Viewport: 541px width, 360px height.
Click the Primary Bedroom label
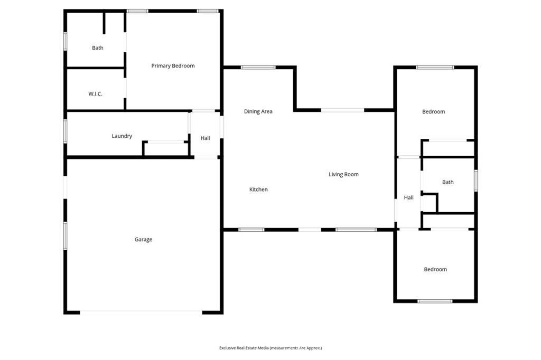click(x=173, y=66)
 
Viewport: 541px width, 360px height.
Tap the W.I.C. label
click(x=95, y=94)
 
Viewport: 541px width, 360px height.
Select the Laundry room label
click(x=122, y=136)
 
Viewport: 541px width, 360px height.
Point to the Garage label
click(x=143, y=240)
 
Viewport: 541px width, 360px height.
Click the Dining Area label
click(x=258, y=111)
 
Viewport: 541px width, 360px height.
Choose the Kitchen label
click(x=258, y=190)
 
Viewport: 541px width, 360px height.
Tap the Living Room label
click(x=343, y=174)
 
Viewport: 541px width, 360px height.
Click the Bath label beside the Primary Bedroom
click(x=98, y=48)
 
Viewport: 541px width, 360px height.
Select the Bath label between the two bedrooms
click(x=447, y=183)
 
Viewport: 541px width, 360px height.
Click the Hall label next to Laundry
click(x=205, y=138)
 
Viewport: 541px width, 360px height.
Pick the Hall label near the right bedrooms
click(x=408, y=198)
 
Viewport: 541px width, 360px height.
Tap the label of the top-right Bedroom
click(x=433, y=112)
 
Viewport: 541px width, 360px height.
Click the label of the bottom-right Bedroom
click(x=435, y=270)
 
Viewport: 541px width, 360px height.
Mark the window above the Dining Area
click(x=258, y=68)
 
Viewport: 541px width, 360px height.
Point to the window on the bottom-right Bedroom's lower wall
click(x=435, y=301)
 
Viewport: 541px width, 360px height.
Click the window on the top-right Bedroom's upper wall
click(x=435, y=68)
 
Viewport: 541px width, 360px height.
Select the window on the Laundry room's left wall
click(x=66, y=131)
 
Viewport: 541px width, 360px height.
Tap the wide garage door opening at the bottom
click(x=141, y=312)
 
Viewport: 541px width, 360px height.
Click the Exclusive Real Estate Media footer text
click(x=270, y=348)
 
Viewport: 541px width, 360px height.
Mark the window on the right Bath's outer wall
click(x=476, y=180)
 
